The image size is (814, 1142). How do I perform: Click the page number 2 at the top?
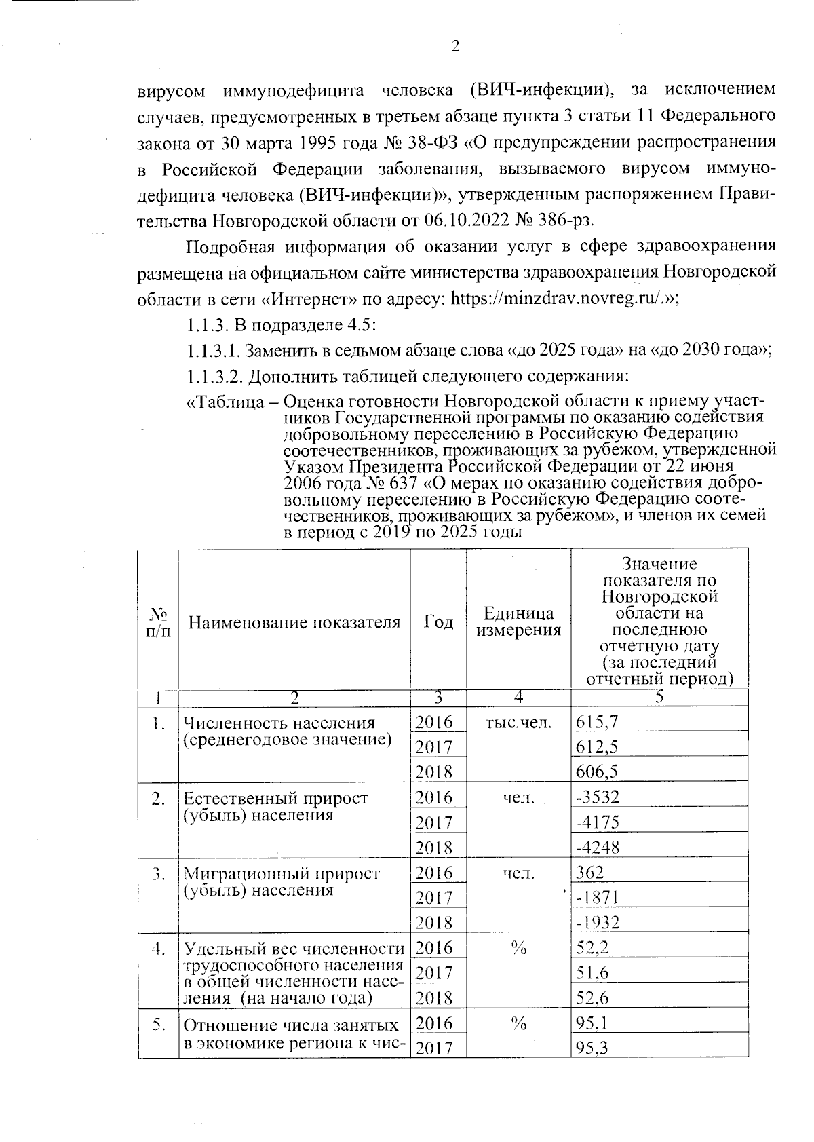455,46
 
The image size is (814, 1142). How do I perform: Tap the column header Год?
438,622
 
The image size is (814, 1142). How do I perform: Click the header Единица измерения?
518,622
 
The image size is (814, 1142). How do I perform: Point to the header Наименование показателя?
294,622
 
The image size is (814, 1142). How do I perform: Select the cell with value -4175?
598,822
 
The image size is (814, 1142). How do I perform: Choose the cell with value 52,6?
592,998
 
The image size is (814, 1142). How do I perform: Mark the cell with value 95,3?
592,1049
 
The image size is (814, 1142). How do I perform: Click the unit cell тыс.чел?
518,723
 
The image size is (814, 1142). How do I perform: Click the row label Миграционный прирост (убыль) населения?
282,881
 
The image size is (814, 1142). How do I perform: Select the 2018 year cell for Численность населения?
434,772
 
